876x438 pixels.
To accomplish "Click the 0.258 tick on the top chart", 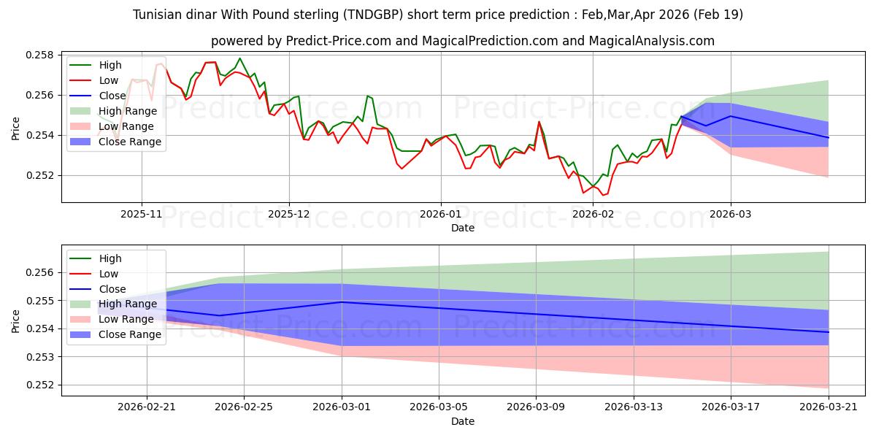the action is (39, 55).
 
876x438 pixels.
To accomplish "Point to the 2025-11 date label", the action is (142, 215).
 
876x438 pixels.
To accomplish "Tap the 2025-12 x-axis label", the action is (289, 215).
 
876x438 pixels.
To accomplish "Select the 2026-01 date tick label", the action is (441, 215).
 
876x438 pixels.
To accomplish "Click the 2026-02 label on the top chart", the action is (593, 215).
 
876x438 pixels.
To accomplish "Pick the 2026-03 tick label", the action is (731, 215).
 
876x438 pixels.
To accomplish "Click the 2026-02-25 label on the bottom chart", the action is (244, 407).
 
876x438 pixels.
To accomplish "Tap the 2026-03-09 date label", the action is (536, 407).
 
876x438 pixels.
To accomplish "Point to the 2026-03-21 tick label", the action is (829, 407).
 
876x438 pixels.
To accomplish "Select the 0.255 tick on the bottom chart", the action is (39, 301).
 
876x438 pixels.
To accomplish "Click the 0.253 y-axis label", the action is (39, 357).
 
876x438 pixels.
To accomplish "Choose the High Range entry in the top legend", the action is (128, 111).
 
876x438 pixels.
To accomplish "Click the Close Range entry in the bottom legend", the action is (129, 335).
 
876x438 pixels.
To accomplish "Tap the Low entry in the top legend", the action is (108, 80).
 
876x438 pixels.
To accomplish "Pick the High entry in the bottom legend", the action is (110, 258).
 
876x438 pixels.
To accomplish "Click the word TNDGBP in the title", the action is (373, 15).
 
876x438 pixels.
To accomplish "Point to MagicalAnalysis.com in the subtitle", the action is (651, 41).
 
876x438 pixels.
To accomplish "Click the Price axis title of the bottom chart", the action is (15, 321).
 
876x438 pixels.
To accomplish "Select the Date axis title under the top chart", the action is (463, 228).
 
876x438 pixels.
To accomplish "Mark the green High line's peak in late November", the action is (239, 58).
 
